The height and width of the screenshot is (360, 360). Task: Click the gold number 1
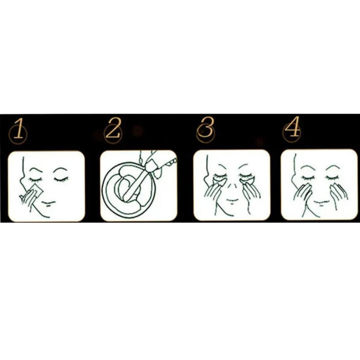pyautogui.click(x=19, y=130)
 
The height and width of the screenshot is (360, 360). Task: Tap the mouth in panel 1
pyautogui.click(x=48, y=203)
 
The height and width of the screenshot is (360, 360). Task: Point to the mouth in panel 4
pyautogui.click(x=321, y=202)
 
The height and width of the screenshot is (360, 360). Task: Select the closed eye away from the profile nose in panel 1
pyautogui.click(x=60, y=180)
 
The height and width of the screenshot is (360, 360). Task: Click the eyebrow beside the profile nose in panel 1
pyautogui.click(x=36, y=170)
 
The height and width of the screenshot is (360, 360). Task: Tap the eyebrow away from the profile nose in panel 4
pyautogui.click(x=333, y=167)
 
